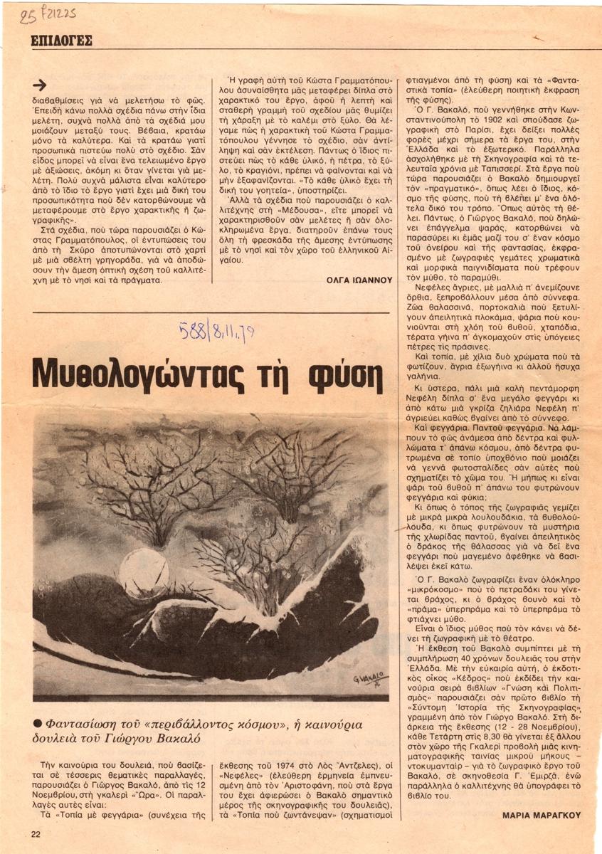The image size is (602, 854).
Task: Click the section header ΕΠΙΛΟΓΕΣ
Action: point(62,41)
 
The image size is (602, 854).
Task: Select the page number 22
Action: point(35,833)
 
